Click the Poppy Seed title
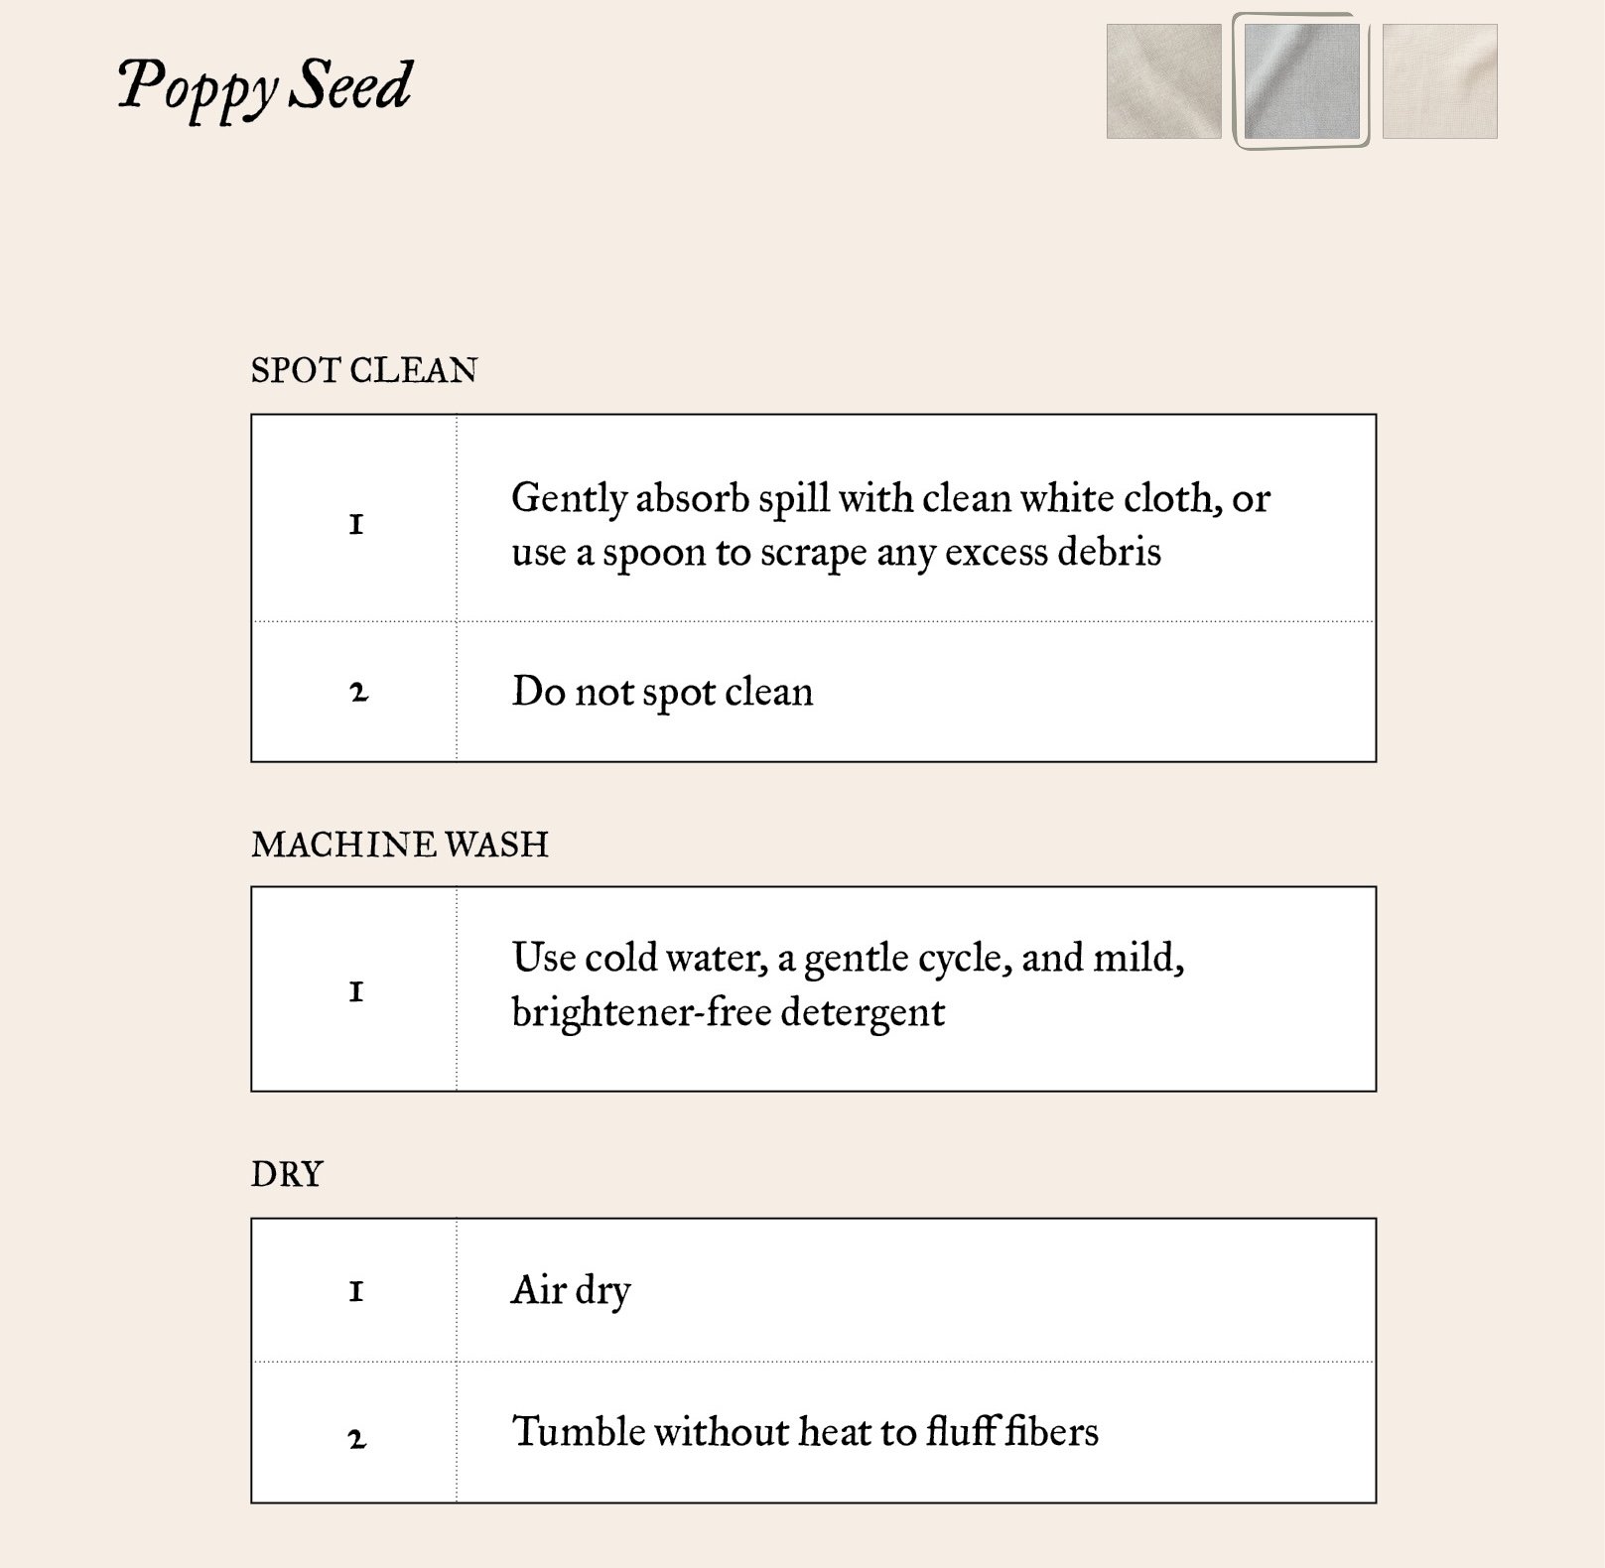[265, 85]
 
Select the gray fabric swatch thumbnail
[1301, 81]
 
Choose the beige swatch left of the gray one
[1163, 81]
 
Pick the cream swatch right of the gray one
[1439, 81]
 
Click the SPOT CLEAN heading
[364, 370]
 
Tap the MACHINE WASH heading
[400, 845]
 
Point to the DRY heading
[287, 1174]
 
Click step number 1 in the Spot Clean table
[356, 524]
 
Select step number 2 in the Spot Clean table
[358, 692]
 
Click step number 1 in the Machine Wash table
[356, 990]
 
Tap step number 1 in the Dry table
[356, 1290]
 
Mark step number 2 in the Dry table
[357, 1437]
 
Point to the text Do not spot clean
[662, 692]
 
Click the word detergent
[863, 1012]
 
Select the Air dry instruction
[571, 1290]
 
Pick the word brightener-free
[641, 1012]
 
